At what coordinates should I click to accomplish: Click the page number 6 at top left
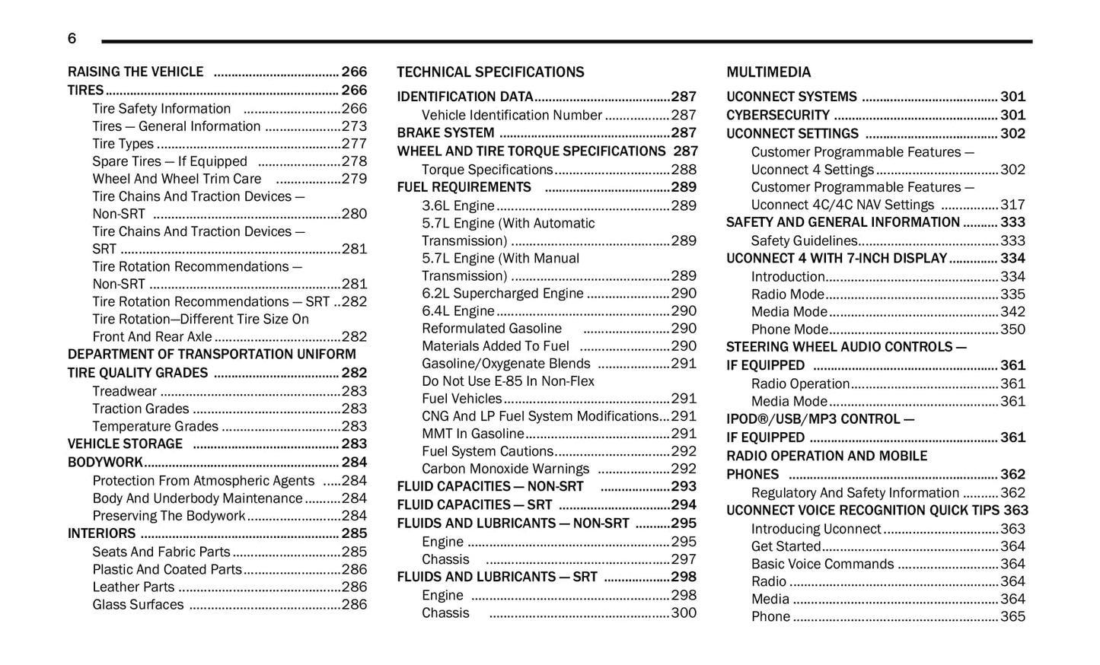(72, 38)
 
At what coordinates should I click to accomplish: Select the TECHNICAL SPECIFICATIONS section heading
(490, 72)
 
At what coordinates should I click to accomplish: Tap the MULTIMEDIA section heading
(768, 72)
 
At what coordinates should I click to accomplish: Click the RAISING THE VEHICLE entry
(136, 72)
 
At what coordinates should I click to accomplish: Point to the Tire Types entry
(123, 144)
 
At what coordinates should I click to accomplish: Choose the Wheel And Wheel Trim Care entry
(177, 179)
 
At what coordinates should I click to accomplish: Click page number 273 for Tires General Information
(354, 126)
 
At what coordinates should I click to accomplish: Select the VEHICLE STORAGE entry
(125, 444)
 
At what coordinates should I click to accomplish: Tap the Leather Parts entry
(133, 587)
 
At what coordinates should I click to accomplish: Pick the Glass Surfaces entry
(138, 604)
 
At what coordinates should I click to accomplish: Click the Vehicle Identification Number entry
(512, 115)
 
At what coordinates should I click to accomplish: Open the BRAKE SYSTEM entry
(445, 132)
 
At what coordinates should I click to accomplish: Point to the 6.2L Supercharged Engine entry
(502, 293)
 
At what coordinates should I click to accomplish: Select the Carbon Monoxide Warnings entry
(505, 469)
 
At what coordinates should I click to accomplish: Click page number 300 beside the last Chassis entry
(684, 612)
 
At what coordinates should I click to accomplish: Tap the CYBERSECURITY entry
(777, 115)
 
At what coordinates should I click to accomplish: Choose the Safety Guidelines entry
(804, 240)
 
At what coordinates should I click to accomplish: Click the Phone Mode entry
(789, 329)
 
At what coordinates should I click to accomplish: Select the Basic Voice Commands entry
(822, 564)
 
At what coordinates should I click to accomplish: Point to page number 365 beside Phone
(1012, 616)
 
